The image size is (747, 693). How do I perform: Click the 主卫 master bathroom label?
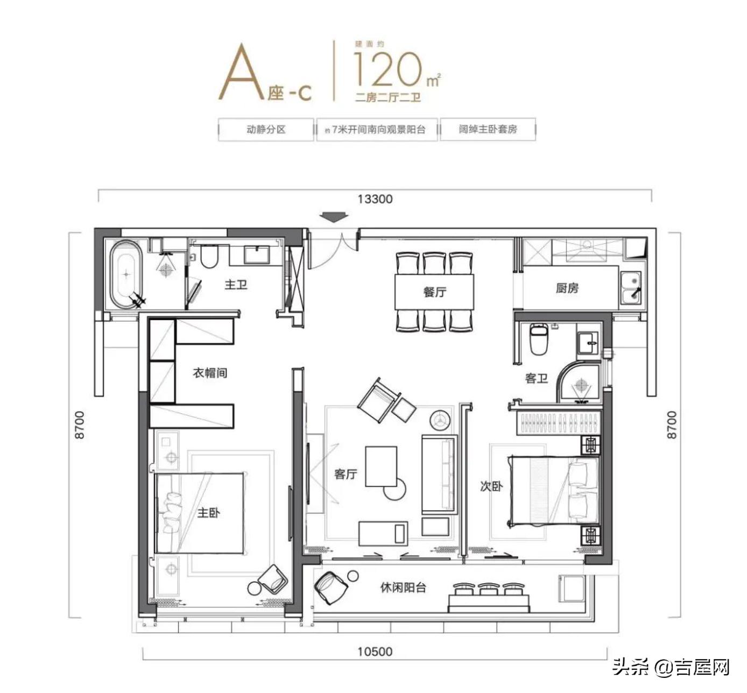[x=236, y=284]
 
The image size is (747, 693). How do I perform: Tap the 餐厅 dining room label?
[x=435, y=292]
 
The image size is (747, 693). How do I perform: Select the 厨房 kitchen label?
[x=567, y=288]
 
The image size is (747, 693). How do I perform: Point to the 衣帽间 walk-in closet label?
[x=210, y=372]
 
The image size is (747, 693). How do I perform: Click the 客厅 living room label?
[x=346, y=474]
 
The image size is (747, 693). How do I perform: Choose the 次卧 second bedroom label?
[x=491, y=486]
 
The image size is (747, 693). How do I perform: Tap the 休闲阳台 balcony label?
[x=403, y=588]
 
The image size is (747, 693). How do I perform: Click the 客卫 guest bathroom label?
[x=536, y=378]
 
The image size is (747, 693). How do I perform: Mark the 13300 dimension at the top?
[x=375, y=199]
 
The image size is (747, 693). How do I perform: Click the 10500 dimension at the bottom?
[x=375, y=652]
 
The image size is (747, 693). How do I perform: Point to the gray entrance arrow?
[x=334, y=217]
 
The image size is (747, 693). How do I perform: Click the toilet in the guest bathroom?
[x=539, y=340]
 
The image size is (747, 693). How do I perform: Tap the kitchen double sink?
[x=631, y=288]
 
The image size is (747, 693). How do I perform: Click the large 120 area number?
[x=387, y=70]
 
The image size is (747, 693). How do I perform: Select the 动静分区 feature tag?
[x=266, y=130]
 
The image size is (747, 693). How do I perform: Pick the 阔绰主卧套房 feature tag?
[x=488, y=130]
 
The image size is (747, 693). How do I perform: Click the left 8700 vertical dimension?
[x=80, y=425]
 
